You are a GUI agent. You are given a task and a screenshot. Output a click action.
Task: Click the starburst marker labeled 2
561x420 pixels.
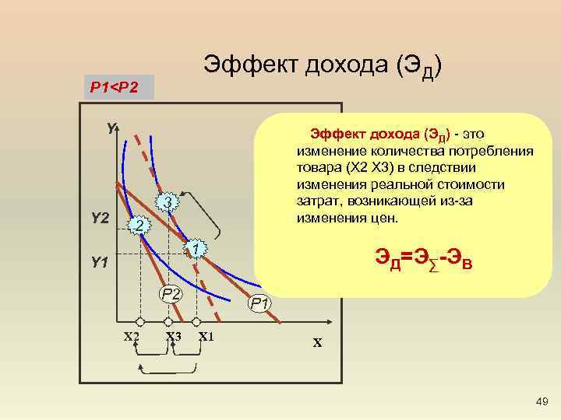coord(139,226)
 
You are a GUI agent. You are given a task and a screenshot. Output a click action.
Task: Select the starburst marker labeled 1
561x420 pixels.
coord(196,248)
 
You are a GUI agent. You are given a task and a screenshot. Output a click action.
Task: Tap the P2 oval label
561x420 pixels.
coord(171,293)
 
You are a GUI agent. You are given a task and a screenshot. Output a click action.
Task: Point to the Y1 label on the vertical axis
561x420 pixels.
coord(99,263)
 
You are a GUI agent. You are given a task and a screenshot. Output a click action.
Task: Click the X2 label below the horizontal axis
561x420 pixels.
coord(132,337)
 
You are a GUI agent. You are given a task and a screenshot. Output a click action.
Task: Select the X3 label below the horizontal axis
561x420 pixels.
coord(173,337)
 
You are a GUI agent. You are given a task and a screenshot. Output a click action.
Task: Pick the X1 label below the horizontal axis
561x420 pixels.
coord(206,337)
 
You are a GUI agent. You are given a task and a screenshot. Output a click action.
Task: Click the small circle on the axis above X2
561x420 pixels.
coord(140,321)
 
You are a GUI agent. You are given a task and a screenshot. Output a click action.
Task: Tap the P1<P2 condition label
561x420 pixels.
coord(115,87)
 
